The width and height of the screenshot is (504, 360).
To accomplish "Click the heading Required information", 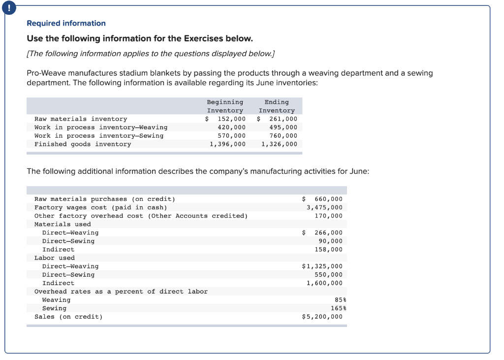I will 66,23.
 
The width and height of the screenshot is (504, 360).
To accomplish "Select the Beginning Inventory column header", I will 225,106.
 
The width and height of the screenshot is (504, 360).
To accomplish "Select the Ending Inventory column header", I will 277,106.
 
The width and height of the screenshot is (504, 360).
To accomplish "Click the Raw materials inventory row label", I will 81,119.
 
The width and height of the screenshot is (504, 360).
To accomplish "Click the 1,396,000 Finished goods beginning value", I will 227,144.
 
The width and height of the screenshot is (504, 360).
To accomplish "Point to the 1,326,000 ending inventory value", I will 279,144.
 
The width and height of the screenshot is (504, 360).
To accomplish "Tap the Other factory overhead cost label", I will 141,216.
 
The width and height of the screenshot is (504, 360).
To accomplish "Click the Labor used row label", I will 55,258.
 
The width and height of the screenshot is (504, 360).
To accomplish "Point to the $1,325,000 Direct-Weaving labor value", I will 322,266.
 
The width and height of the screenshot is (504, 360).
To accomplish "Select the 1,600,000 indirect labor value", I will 324,283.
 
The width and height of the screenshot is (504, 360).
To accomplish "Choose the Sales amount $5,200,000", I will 322,317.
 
